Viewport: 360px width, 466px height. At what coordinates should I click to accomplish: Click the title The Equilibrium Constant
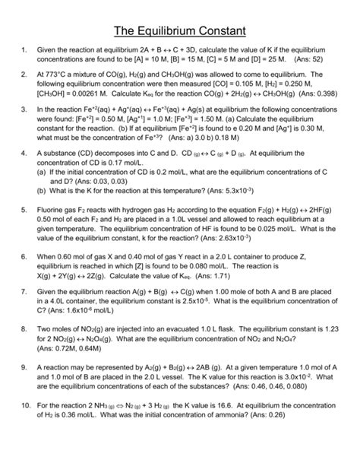[x=179, y=31]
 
